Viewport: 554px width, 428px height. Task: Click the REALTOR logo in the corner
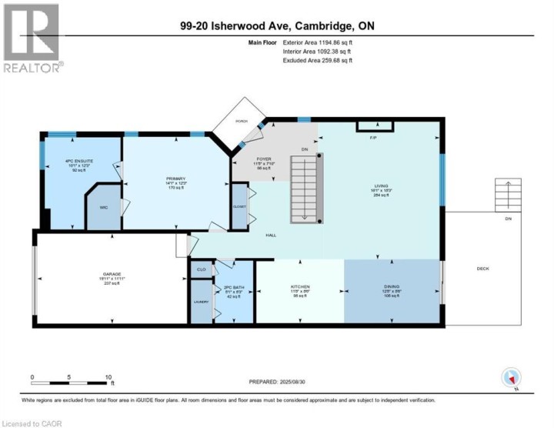(x=32, y=38)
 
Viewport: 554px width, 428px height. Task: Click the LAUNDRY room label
(x=201, y=302)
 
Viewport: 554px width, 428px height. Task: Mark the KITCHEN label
(x=299, y=288)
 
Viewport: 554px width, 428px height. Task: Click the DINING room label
(x=391, y=288)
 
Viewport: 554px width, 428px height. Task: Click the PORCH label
(x=243, y=120)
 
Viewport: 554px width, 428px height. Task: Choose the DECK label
(x=482, y=269)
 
